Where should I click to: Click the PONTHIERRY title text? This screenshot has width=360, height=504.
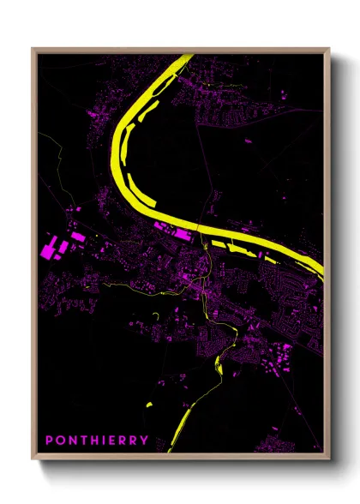click(x=97, y=441)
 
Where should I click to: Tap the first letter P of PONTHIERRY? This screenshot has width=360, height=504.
click(x=49, y=441)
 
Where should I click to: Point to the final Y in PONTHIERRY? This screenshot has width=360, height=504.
click(x=144, y=441)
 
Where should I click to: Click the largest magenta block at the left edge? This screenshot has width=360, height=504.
click(x=48, y=251)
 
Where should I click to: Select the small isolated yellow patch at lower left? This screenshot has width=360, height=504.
click(x=148, y=404)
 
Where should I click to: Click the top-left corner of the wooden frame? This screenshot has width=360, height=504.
click(x=33, y=49)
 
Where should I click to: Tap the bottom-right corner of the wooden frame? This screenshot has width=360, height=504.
click(x=329, y=459)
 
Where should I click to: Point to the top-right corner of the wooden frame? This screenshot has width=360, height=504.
click(x=329, y=49)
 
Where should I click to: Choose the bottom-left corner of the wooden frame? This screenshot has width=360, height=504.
click(x=33, y=459)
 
